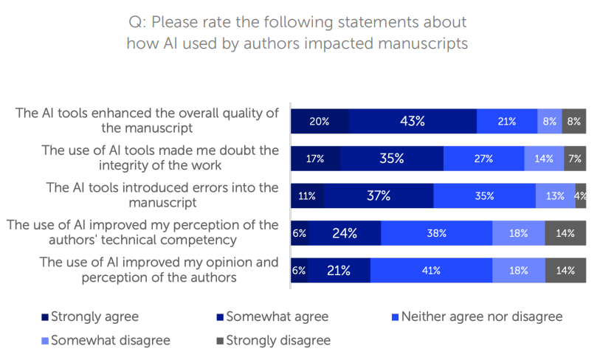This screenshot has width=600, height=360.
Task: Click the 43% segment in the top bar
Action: point(413,121)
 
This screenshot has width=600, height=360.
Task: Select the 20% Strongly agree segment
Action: point(320,121)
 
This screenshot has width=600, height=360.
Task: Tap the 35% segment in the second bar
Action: point(391,159)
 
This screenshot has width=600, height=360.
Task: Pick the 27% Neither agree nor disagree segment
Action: point(483,159)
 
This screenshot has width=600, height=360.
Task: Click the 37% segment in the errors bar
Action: point(379,195)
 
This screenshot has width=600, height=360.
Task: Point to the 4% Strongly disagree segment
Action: point(581,195)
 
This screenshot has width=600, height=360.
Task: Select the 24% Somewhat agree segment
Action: point(344,233)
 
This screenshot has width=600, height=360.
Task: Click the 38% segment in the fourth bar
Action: point(436,233)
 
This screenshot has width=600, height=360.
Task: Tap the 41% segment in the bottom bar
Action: point(430,271)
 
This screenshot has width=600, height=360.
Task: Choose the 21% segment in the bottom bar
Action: point(339,271)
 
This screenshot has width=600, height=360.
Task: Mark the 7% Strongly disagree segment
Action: point(575,159)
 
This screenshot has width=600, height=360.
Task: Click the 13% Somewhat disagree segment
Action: point(555,195)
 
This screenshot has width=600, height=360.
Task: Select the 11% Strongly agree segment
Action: point(307,195)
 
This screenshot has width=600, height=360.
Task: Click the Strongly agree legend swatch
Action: point(44,317)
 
